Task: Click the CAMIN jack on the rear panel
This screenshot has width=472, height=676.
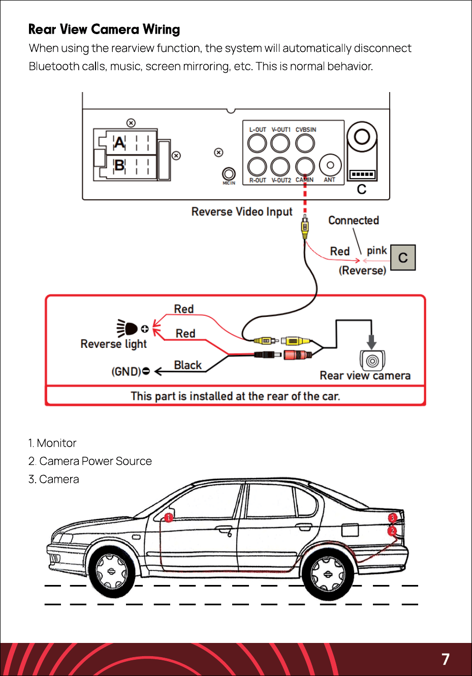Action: click(305, 166)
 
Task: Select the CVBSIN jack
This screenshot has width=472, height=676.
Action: click(305, 143)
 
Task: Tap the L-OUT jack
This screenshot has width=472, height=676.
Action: click(257, 143)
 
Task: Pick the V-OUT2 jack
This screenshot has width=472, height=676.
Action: click(280, 166)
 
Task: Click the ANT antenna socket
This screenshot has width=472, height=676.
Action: click(330, 165)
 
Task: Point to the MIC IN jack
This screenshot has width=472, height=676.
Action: click(229, 174)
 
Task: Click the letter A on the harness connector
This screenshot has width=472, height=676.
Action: click(120, 142)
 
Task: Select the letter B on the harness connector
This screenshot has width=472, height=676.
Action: click(120, 165)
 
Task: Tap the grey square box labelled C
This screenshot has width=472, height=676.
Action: click(403, 257)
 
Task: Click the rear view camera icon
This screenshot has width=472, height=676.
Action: click(372, 360)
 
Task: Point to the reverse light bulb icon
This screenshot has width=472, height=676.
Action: click(127, 329)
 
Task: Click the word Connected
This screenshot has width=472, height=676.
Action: click(354, 220)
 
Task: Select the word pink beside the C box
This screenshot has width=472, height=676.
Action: click(377, 250)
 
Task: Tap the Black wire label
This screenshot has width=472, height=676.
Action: click(188, 365)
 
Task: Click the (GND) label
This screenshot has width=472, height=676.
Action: click(127, 371)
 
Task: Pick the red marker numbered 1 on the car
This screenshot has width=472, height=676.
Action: click(169, 518)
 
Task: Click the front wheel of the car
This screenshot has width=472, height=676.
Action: click(111, 571)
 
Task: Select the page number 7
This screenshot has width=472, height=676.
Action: click(446, 659)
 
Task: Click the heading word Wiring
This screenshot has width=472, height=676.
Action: click(161, 30)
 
